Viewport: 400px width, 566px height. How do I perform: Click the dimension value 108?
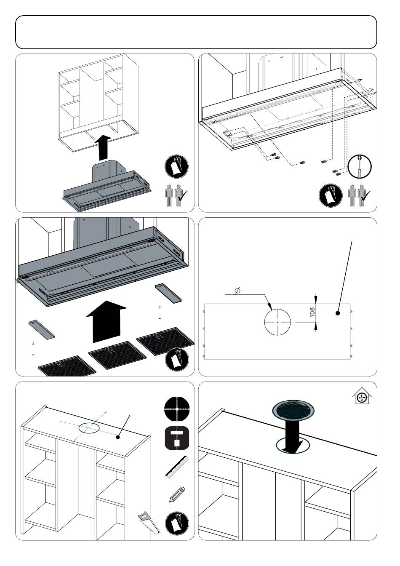(x=312, y=312)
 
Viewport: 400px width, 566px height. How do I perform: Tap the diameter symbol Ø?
(x=237, y=291)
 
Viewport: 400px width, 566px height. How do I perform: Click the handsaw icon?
(x=149, y=523)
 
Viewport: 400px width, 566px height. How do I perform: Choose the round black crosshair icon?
(x=177, y=408)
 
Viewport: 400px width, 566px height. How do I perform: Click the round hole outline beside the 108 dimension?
(x=277, y=322)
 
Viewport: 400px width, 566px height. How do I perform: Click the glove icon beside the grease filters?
(x=177, y=360)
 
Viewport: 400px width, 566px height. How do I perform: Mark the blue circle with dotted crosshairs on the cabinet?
(x=89, y=428)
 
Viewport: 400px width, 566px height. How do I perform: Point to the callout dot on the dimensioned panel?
(x=338, y=313)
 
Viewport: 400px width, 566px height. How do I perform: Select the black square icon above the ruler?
(x=177, y=438)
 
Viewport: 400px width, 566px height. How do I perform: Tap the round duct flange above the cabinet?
(x=293, y=408)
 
